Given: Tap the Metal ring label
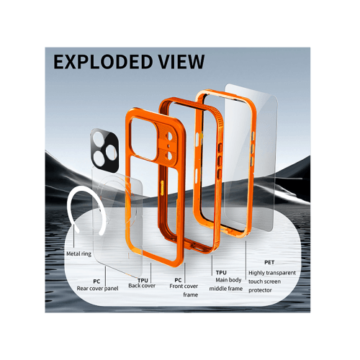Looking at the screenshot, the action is click(79, 253).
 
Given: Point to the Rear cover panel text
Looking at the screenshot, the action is click(97, 289).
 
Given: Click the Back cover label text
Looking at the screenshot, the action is click(142, 286).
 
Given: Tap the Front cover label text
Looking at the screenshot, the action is click(184, 286).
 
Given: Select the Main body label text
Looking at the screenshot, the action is click(228, 280).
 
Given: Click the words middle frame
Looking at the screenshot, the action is click(226, 289).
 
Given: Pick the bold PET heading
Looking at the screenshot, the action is click(269, 263).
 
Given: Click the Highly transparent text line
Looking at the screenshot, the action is click(272, 273).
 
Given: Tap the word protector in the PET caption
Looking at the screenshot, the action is click(260, 290).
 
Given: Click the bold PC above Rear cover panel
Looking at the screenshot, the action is click(96, 282).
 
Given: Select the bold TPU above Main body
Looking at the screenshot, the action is click(221, 273).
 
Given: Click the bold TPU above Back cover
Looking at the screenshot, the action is click(143, 280).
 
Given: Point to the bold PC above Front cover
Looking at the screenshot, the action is click(178, 280).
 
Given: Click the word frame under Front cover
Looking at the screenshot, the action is click(191, 294).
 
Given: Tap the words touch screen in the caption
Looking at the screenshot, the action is click(264, 282).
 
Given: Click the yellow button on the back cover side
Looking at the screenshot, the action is click(162, 188).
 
